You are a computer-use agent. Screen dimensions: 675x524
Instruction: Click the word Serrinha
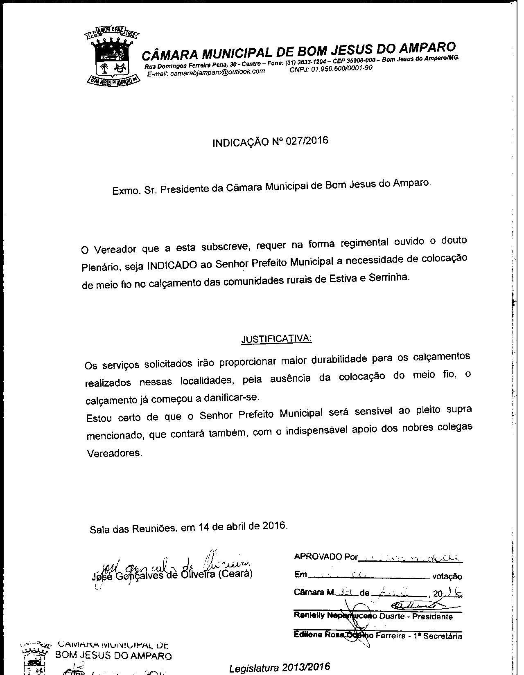(389, 277)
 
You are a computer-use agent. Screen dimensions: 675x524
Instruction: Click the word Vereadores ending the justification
(115, 453)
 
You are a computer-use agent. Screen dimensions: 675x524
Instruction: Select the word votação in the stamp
(447, 577)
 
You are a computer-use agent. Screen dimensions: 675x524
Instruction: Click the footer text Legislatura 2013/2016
(280, 668)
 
